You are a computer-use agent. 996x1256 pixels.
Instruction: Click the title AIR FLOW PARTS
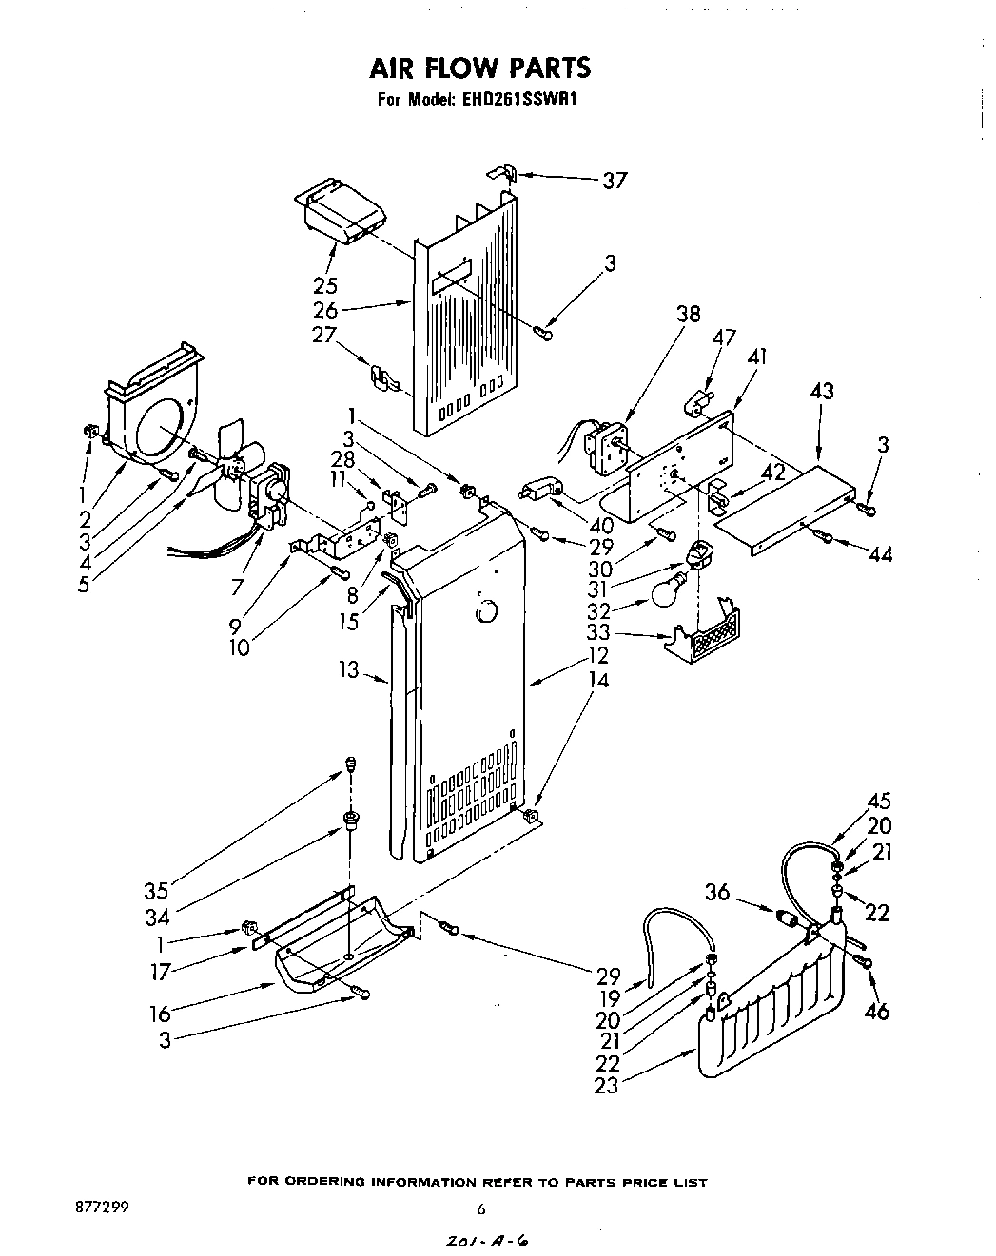coord(479,68)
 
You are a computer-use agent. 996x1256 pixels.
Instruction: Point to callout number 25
coord(326,285)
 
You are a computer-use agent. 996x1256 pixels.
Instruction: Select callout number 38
coord(689,315)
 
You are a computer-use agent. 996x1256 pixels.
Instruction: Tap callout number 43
coord(822,391)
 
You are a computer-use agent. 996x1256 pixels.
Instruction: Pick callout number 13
coord(348,670)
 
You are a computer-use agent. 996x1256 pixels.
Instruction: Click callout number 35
coord(156,891)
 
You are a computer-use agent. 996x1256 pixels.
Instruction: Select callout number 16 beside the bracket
coord(160,1014)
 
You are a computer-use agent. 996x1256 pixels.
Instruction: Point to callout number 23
coord(606,1085)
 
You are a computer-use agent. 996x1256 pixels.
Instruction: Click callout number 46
coord(876,1012)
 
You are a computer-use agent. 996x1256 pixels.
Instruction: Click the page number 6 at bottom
coord(480,1209)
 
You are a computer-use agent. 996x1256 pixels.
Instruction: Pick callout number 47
coord(726,338)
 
